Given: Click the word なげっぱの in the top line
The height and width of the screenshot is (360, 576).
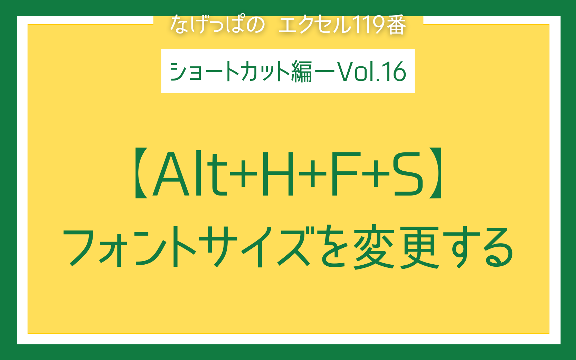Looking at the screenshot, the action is pyautogui.click(x=218, y=24).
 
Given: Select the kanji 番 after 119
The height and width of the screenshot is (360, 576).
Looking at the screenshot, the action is pyautogui.click(x=397, y=25).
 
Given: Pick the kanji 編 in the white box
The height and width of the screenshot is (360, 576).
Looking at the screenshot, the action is pyautogui.click(x=301, y=71).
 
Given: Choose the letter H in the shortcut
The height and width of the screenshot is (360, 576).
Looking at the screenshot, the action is pyautogui.click(x=277, y=173).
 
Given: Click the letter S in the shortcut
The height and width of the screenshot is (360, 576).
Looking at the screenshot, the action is pyautogui.click(x=408, y=173).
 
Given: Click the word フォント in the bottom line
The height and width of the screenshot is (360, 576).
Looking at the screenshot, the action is pyautogui.click(x=130, y=247).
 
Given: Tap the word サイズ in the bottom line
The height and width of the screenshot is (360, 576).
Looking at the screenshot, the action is pyautogui.click(x=258, y=247).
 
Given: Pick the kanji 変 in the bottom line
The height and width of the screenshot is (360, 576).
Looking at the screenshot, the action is pyautogui.click(x=374, y=247).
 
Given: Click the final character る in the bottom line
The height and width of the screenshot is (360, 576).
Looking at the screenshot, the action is pyautogui.click(x=498, y=248).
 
